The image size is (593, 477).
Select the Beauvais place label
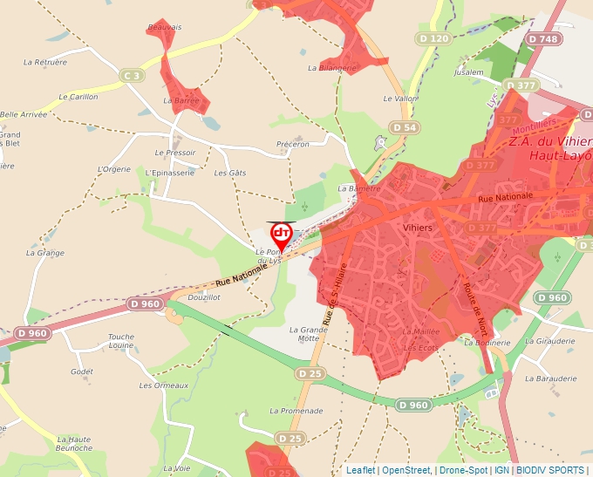tap(165, 28)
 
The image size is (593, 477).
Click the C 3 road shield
tap(133, 77)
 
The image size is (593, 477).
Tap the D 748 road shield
tap(546, 39)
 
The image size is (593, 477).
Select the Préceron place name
tap(292, 144)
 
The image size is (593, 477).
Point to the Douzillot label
tap(203, 297)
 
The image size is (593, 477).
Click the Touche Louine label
tap(121, 341)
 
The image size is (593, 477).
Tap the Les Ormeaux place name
tap(164, 385)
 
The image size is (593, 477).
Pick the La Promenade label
tap(296, 411)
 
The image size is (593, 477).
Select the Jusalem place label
tap(469, 73)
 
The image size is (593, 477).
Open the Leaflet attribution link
tap(360, 470)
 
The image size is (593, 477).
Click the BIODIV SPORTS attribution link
tap(549, 470)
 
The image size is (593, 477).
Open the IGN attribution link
tap(501, 470)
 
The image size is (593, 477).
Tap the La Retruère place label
tap(45, 62)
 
